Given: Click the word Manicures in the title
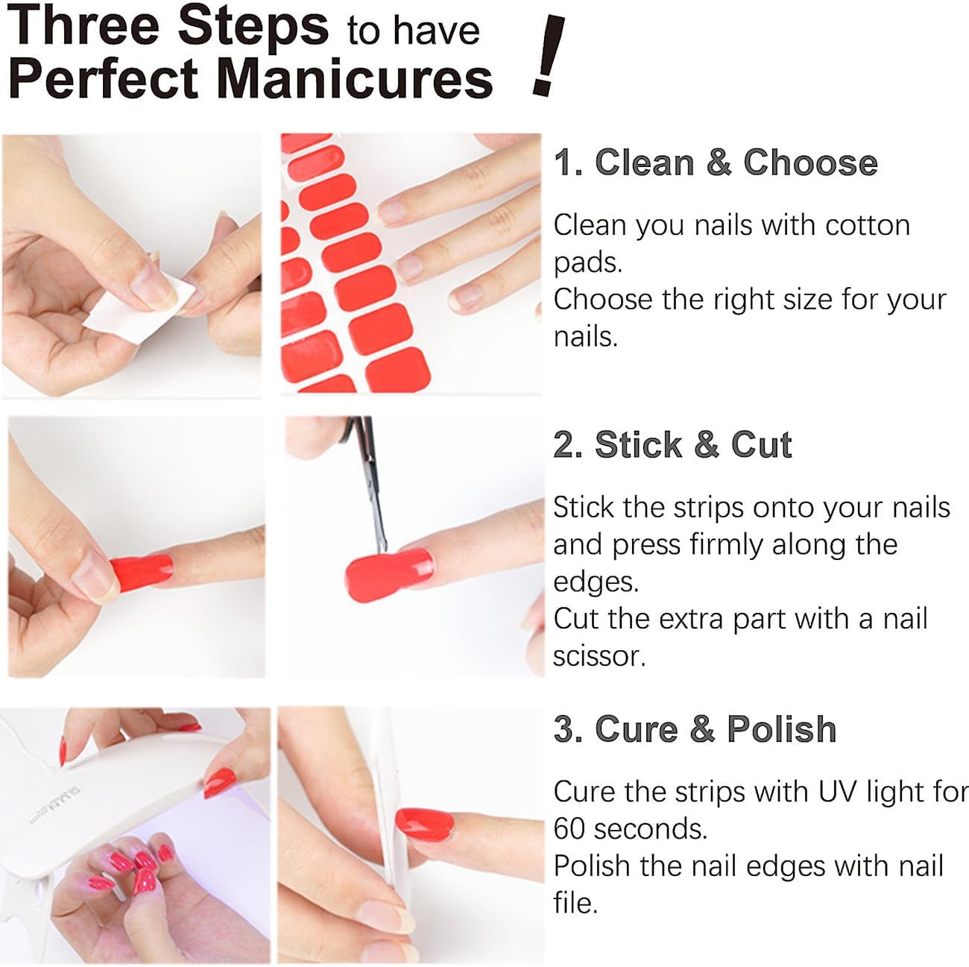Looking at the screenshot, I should (x=355, y=78).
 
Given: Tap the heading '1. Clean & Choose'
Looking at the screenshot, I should (x=715, y=163).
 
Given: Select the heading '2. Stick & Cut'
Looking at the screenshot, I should (x=672, y=445).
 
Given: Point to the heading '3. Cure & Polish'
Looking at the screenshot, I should (x=695, y=729).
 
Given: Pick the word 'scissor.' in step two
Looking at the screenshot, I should (x=599, y=656).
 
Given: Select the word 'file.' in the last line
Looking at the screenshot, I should (x=575, y=903).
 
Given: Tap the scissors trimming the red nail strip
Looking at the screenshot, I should (x=369, y=477).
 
